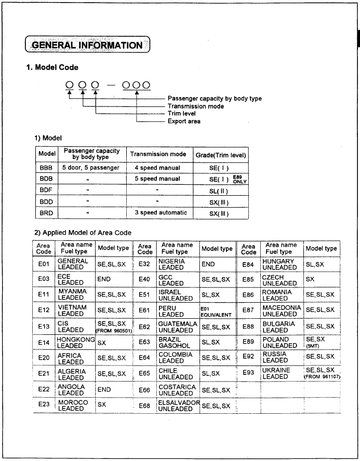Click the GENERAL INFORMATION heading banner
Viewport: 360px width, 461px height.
coord(87,45)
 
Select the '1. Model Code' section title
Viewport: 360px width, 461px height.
coord(52,67)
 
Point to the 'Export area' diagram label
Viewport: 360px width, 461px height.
coord(184,121)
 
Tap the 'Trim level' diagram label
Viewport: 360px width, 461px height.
coord(182,114)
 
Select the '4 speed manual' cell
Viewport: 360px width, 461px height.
coord(157,168)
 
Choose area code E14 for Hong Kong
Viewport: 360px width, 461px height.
coord(44,343)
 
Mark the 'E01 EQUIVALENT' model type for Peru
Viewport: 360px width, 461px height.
coord(216,311)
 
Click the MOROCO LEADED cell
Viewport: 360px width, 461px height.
coord(73,405)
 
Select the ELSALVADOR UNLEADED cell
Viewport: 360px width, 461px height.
coord(178,405)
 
